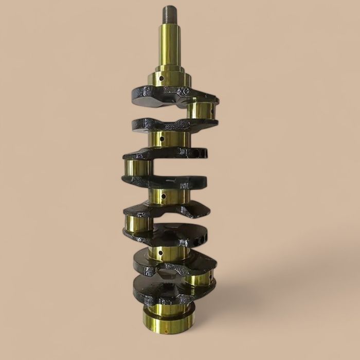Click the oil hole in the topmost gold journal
pos(161,79)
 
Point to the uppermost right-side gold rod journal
pos(202,110)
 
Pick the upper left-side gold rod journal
pos(137,167)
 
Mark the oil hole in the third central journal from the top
pos(164,196)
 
